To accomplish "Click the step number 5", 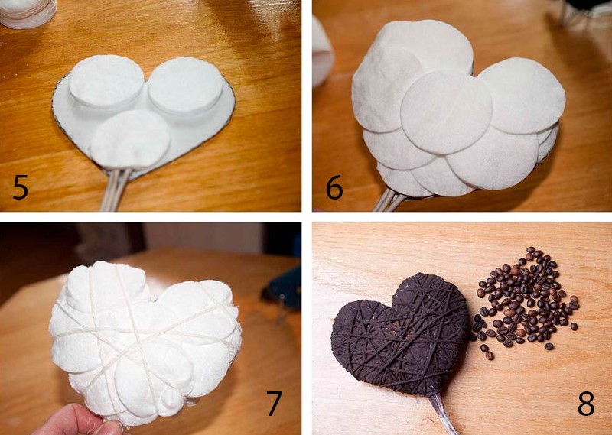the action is tap(21, 187).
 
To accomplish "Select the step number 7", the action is tap(274, 404).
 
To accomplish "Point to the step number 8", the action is tap(586, 403).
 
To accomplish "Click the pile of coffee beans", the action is tap(525, 302).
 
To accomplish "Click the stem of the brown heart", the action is tap(442, 414).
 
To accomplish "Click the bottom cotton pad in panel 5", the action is tap(130, 139).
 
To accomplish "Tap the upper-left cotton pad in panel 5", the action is tap(106, 83).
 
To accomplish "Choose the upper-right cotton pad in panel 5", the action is tap(185, 86).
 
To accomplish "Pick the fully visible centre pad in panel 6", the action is tap(446, 112).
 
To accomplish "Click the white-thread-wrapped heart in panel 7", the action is tap(145, 343).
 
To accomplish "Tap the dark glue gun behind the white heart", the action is tap(282, 290).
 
